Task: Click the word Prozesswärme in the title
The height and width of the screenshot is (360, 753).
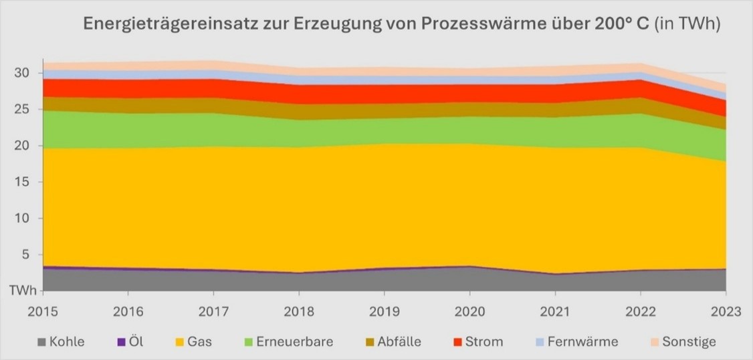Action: pyautogui.click(x=480, y=25)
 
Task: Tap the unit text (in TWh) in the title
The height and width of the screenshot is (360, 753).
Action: pyautogui.click(x=686, y=25)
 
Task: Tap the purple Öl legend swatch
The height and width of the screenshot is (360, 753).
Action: pyautogui.click(x=121, y=342)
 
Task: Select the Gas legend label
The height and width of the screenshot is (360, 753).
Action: pyautogui.click(x=200, y=342)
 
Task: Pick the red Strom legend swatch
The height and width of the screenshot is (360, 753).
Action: pyautogui.click(x=457, y=342)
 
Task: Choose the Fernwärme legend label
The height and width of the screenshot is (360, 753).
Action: pyautogui.click(x=582, y=342)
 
